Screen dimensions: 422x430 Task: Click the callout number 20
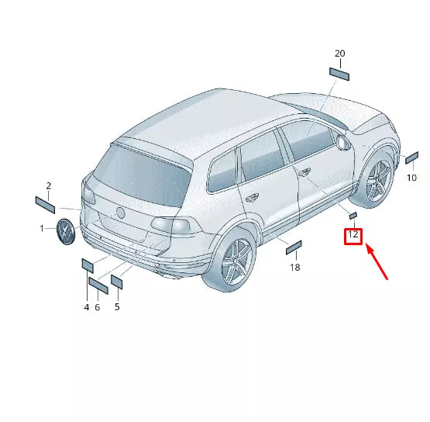[x=339, y=54]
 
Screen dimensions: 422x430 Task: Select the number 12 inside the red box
[x=353, y=234]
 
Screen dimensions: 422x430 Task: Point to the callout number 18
[x=294, y=268]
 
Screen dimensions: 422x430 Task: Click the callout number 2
[x=48, y=186]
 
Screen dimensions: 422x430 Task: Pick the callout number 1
[x=43, y=229]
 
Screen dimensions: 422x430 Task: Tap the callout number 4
[x=87, y=308]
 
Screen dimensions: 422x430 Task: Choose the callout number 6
[x=98, y=308]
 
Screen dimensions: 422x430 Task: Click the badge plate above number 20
[x=339, y=74]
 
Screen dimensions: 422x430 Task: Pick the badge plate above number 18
[x=294, y=247]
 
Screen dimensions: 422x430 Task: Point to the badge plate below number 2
[x=44, y=204]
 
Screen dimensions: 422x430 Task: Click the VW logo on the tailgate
[x=120, y=213]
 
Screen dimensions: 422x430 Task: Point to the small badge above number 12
[x=352, y=214]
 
